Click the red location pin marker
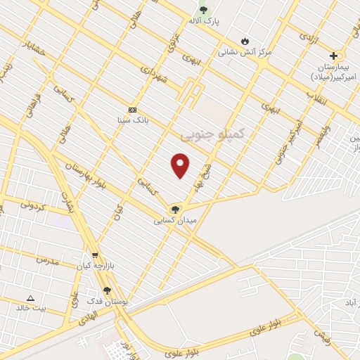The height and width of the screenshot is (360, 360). pyautogui.click(x=181, y=165)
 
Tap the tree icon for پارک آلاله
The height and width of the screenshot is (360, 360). pyautogui.click(x=204, y=10)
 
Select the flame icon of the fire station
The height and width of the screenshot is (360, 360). pyautogui.click(x=245, y=41)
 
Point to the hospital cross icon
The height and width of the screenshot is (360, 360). pyautogui.click(x=333, y=56)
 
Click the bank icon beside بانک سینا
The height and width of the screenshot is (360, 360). pyautogui.click(x=131, y=110)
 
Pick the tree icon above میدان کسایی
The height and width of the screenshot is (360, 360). pyautogui.click(x=175, y=209)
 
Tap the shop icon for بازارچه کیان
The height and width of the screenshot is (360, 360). pyautogui.click(x=95, y=255)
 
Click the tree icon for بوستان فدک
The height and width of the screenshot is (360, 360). pyautogui.click(x=107, y=290)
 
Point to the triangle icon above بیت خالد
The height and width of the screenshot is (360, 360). pyautogui.click(x=30, y=298)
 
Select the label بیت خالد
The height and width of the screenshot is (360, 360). pyautogui.click(x=32, y=308)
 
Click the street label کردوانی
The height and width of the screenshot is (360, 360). pyautogui.click(x=33, y=206)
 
